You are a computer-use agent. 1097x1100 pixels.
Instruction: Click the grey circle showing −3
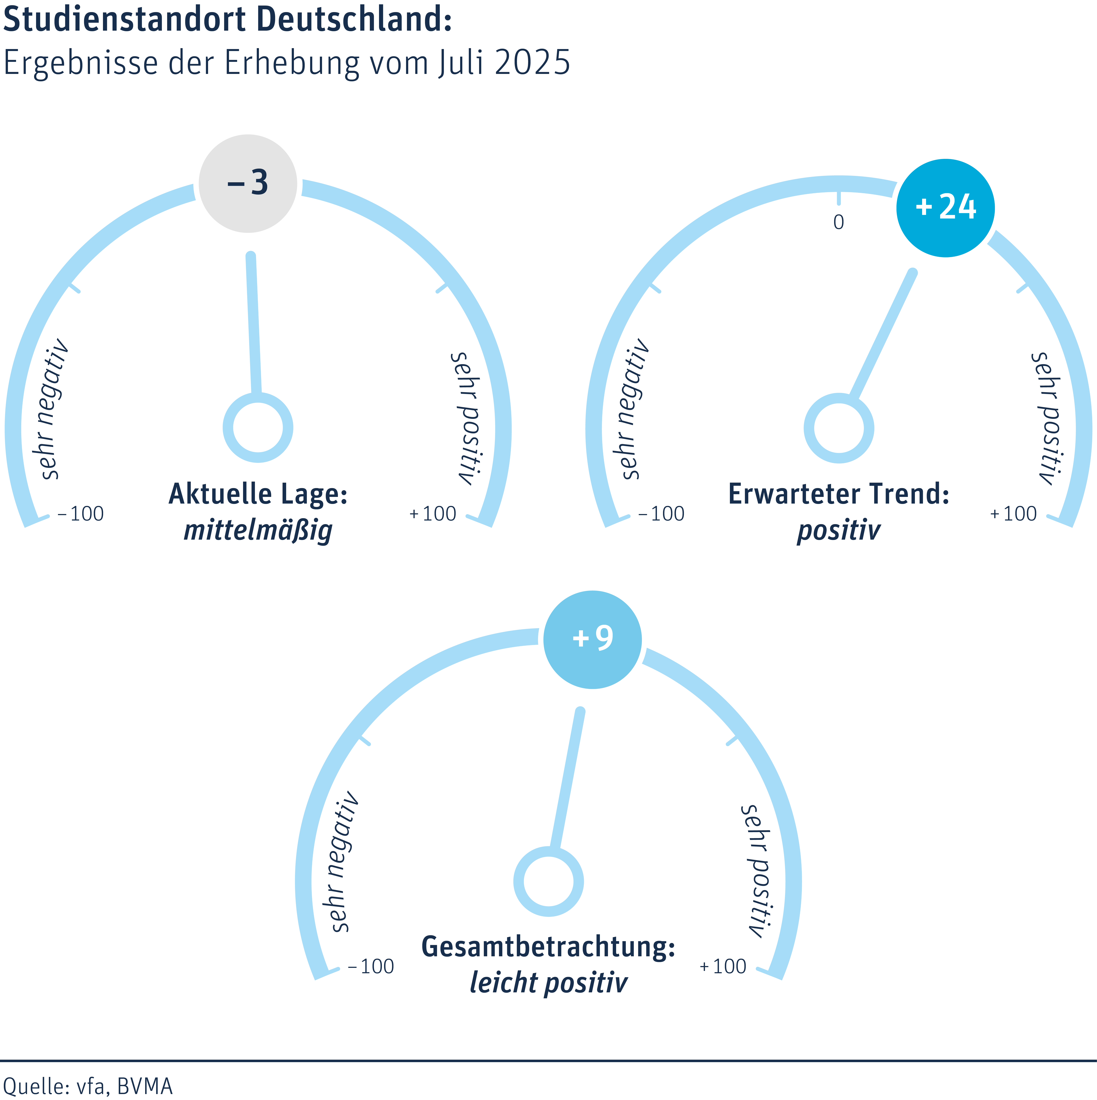pyautogui.click(x=248, y=183)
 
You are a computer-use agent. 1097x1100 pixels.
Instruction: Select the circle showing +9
pyautogui.click(x=593, y=639)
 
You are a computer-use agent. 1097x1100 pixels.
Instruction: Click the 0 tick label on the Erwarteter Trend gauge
pyautogui.click(x=839, y=222)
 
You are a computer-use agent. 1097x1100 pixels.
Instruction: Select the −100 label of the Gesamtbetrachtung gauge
pyautogui.click(x=371, y=966)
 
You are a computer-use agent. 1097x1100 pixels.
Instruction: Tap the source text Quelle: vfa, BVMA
pyautogui.click(x=88, y=1086)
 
